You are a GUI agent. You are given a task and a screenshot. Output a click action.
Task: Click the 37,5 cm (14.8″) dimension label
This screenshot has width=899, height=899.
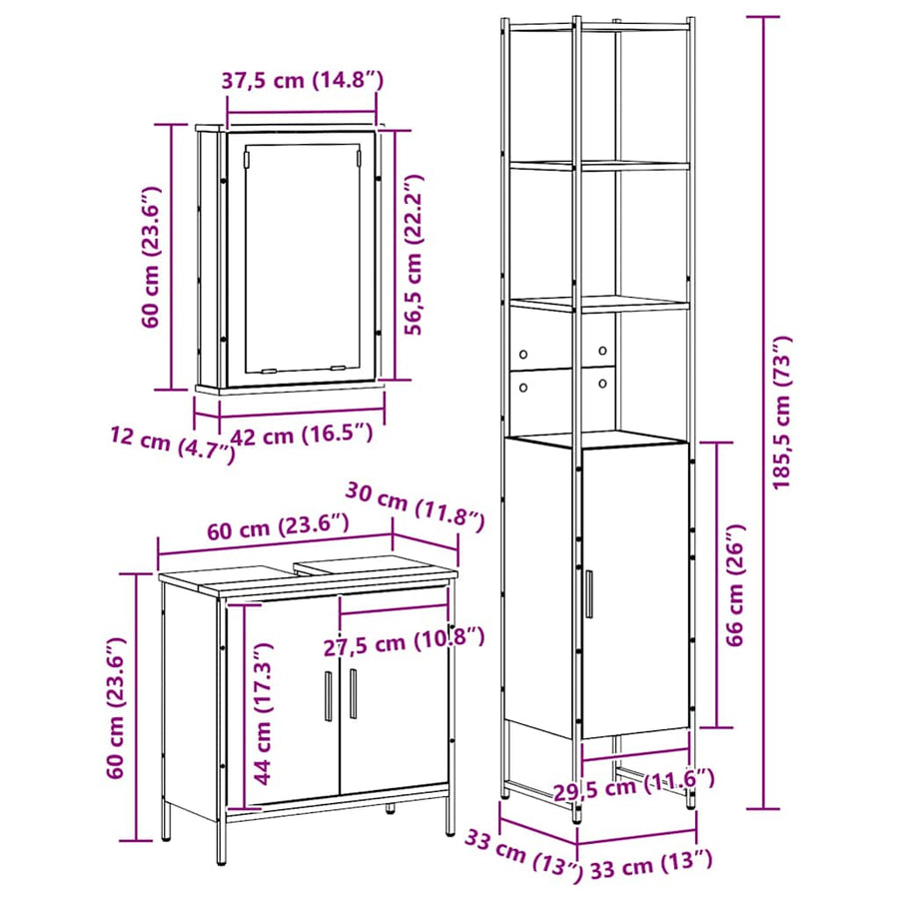[x=302, y=80]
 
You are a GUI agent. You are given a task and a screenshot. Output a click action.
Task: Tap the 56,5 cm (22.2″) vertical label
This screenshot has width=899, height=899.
[x=413, y=254]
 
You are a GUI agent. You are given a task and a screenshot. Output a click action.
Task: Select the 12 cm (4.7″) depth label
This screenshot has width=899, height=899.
[x=173, y=445]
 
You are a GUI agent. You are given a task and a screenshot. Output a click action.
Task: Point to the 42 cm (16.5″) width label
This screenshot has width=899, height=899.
[x=302, y=436]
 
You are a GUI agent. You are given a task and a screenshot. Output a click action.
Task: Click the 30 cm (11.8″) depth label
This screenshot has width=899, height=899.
[x=416, y=506]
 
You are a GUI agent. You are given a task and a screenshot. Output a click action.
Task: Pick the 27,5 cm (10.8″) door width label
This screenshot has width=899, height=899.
[x=405, y=641]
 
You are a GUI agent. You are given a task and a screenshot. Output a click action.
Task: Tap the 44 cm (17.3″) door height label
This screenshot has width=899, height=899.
[x=263, y=713]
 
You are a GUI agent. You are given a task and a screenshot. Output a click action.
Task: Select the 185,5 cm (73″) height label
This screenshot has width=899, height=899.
[x=781, y=413]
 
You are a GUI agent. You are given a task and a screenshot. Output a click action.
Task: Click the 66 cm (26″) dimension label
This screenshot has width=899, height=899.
[x=734, y=584]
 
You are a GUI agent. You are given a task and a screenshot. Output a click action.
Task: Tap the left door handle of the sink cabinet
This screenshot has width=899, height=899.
[x=329, y=695]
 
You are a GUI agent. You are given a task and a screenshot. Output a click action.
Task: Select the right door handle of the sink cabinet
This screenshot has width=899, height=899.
[x=353, y=693]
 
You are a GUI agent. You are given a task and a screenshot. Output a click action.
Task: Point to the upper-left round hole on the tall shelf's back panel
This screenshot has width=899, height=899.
[x=522, y=355]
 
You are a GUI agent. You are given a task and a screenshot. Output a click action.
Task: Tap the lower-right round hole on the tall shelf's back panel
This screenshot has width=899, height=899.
[x=602, y=384]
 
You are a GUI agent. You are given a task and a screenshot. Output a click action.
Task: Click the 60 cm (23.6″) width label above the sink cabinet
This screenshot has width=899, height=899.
[x=278, y=526]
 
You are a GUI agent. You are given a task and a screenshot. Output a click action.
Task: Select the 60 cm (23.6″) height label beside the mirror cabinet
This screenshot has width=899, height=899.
[x=152, y=257]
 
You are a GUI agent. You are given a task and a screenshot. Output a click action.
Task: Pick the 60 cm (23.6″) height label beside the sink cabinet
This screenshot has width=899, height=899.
[x=117, y=707]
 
